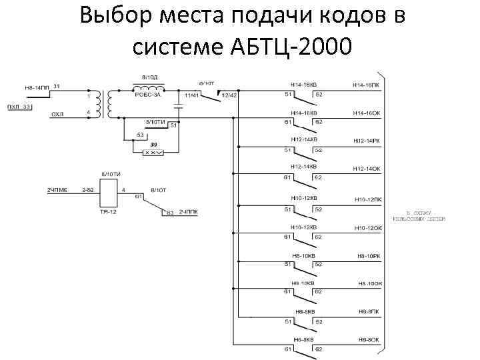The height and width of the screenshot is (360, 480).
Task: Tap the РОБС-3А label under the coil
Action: pyautogui.click(x=149, y=95)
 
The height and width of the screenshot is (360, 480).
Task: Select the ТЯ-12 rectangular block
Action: pyautogui.click(x=108, y=193)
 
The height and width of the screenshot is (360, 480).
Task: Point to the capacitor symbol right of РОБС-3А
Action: pyautogui.click(x=178, y=105)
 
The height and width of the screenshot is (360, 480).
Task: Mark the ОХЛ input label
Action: pyautogui.click(x=58, y=115)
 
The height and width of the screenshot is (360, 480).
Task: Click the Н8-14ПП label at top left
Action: pyautogui.click(x=37, y=87)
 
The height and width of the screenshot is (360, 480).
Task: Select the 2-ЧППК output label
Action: pyautogui.click(x=188, y=212)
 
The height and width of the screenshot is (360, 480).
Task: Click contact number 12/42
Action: pyautogui.click(x=229, y=95)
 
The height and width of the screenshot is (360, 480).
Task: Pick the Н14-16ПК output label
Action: pyautogui.click(x=367, y=85)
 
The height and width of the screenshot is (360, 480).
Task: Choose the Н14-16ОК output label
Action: pyautogui.click(x=367, y=114)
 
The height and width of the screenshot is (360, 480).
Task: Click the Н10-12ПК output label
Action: pyautogui.click(x=367, y=199)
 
